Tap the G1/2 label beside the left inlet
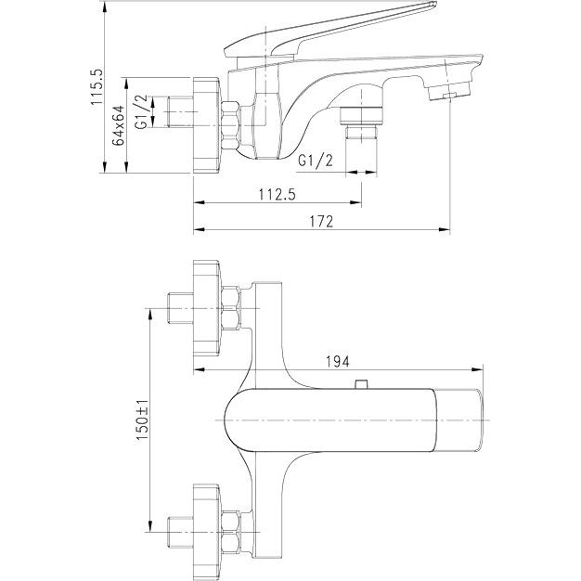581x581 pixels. coord(142,110)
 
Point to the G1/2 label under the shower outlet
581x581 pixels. coord(316,161)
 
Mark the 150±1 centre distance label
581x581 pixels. coord(141,426)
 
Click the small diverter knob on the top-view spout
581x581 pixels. coord(363,383)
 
